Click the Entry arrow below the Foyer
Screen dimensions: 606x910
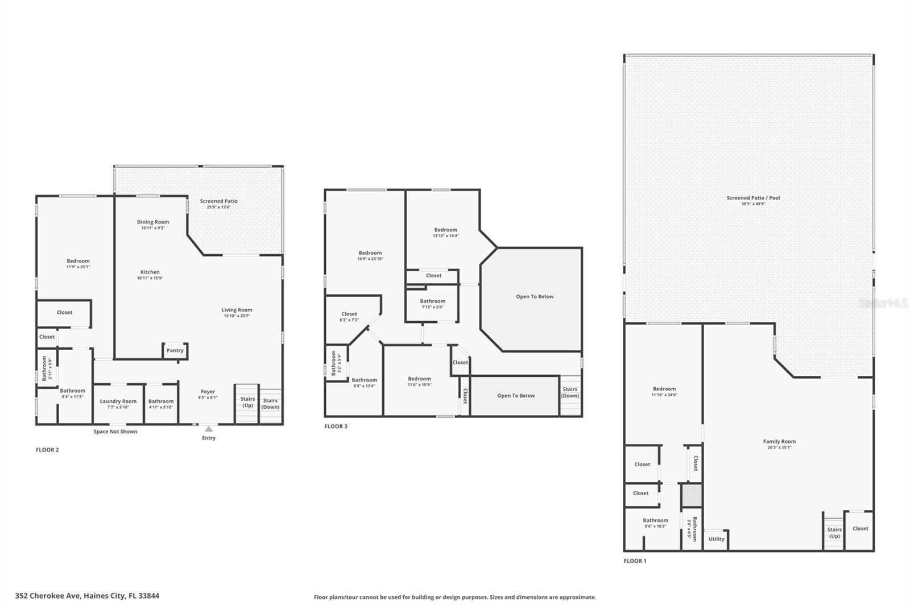click(209, 429)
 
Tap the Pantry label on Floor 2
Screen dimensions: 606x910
click(175, 351)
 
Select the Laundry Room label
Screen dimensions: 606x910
click(118, 401)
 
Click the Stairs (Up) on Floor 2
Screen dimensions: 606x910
click(247, 402)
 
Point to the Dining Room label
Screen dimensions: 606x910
click(153, 222)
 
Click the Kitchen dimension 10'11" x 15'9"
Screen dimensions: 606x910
click(150, 279)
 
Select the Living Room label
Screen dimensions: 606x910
click(237, 310)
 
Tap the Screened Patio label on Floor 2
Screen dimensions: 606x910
click(219, 201)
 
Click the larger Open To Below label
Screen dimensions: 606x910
click(534, 297)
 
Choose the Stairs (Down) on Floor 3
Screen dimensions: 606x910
click(570, 393)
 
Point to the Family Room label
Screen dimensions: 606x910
click(779, 442)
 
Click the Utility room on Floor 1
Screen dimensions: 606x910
click(716, 539)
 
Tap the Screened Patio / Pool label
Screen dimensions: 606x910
click(753, 198)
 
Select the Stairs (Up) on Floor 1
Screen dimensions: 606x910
click(834, 533)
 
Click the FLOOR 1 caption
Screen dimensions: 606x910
click(635, 561)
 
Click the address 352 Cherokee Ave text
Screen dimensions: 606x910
click(87, 596)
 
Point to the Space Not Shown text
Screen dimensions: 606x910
click(115, 431)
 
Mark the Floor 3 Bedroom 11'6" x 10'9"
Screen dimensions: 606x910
click(419, 381)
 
